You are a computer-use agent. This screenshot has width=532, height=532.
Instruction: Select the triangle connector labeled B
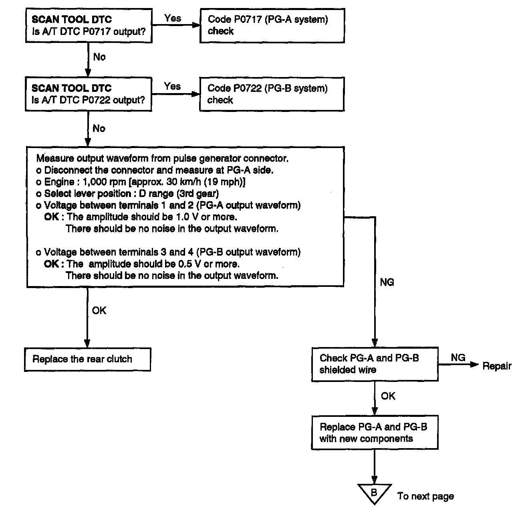point(374,493)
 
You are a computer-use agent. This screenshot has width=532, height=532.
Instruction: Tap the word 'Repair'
point(497,366)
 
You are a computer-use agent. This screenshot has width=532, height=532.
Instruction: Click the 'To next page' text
point(425,496)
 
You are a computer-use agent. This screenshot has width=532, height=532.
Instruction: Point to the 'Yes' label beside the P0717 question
point(173,18)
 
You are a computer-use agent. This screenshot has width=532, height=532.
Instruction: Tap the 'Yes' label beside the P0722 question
point(172,86)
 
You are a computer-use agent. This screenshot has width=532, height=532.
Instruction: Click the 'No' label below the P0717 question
point(99,57)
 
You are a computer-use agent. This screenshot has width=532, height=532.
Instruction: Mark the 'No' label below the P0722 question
point(99,128)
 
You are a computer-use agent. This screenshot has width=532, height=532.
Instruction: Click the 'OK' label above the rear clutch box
point(99,311)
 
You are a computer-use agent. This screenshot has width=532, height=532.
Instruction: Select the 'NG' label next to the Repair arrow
point(458,357)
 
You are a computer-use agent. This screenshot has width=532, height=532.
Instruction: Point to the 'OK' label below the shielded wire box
point(388,396)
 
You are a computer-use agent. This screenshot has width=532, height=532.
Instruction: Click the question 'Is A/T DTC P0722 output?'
point(89,100)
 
